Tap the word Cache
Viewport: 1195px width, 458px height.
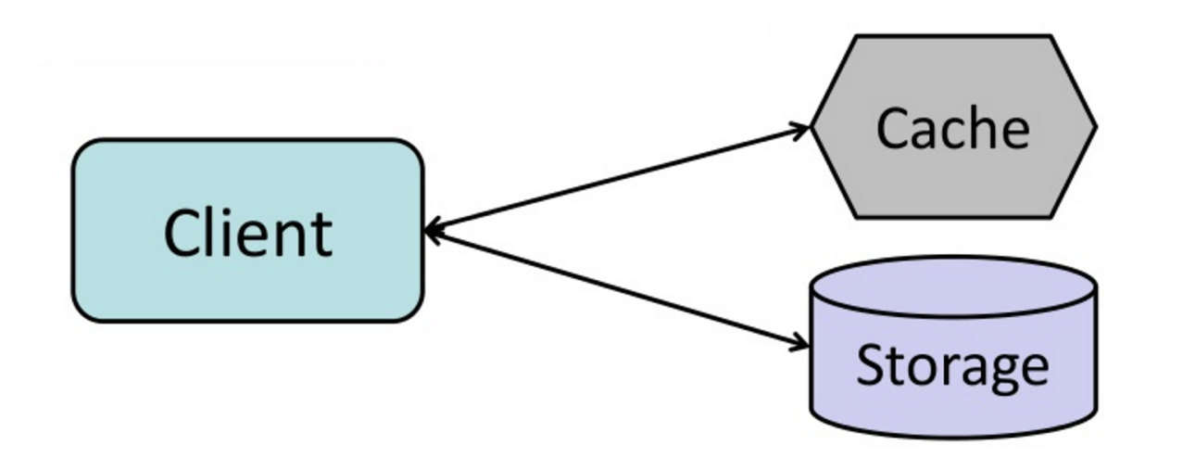(x=952, y=130)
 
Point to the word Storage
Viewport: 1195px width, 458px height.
(x=952, y=366)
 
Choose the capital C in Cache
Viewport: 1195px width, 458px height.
(x=894, y=130)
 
